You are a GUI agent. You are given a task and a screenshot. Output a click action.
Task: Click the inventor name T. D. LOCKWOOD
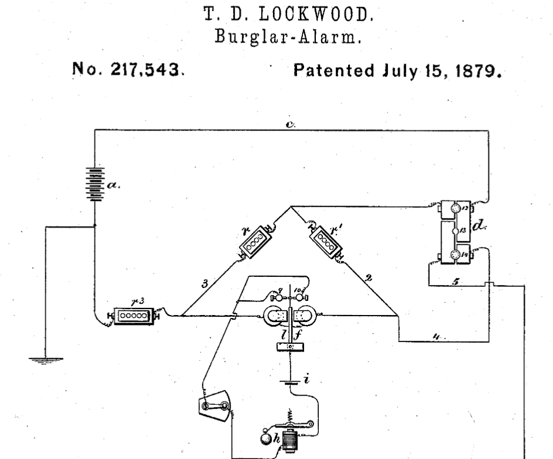click(276, 12)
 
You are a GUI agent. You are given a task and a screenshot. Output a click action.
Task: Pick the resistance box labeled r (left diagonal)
click(254, 242)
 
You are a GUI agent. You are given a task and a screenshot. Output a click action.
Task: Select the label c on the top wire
click(291, 124)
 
